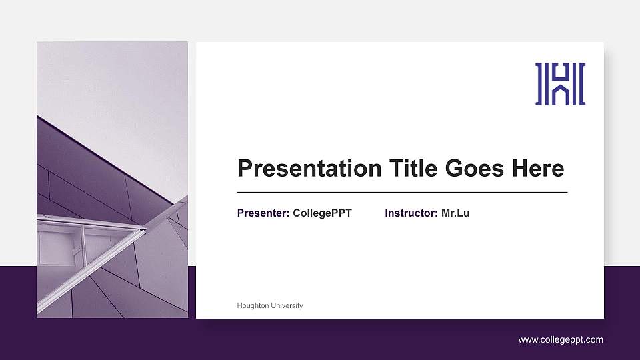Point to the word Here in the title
pos(538,169)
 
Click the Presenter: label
pos(263,213)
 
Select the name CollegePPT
pos(322,213)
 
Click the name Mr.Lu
pos(455,213)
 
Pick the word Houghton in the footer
pos(253,305)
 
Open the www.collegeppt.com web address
pos(561,340)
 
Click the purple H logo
pos(560,84)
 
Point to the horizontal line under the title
pos(402,192)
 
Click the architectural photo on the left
pos(112,180)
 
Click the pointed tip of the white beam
pos(145,229)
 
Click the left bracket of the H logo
pos(539,84)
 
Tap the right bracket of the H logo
pos(581,84)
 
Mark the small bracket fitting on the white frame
pos(76,251)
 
